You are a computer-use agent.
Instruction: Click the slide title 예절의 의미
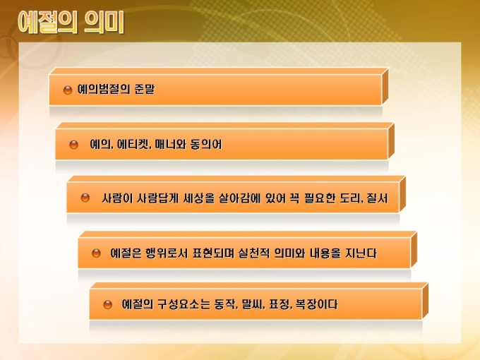(x=71, y=23)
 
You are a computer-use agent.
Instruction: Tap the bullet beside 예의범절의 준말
(x=68, y=90)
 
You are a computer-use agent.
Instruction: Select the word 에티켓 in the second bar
(x=133, y=144)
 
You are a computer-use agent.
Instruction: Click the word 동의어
(x=206, y=144)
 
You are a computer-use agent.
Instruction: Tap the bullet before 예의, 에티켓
(x=74, y=145)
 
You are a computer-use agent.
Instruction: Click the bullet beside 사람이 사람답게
(x=85, y=198)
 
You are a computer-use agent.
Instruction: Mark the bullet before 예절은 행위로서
(x=96, y=253)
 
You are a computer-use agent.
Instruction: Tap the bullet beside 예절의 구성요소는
(x=108, y=305)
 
